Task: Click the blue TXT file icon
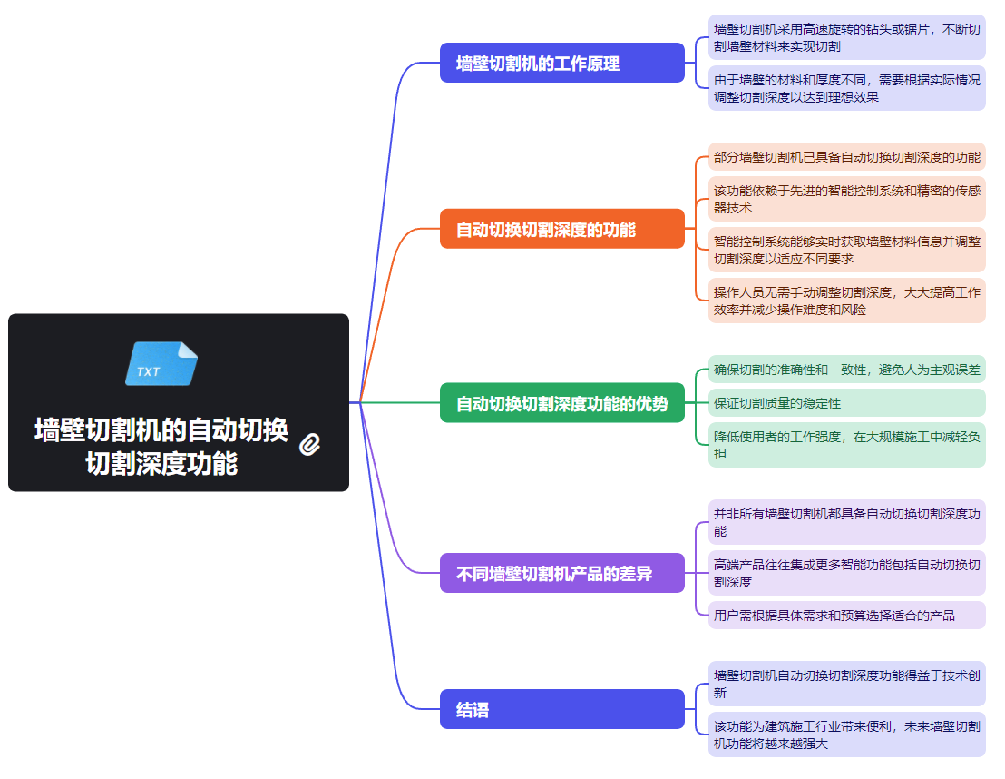[161, 364]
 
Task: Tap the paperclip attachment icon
[310, 444]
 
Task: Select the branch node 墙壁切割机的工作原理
[561, 64]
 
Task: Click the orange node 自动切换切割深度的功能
[561, 229]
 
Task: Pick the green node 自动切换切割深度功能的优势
[561, 403]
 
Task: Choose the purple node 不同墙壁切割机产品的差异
[561, 573]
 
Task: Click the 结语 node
[561, 709]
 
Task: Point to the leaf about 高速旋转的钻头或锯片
[846, 37]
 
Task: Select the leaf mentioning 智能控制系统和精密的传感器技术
[846, 199]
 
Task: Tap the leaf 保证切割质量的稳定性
[846, 403]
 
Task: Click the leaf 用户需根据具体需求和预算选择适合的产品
[846, 616]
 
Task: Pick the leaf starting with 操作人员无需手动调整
[846, 301]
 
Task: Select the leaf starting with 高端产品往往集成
[846, 573]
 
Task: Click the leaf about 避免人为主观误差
[846, 369]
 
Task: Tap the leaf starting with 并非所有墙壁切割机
[846, 522]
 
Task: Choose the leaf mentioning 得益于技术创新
[846, 684]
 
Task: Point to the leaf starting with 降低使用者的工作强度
[846, 445]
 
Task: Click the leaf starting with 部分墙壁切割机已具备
[846, 157]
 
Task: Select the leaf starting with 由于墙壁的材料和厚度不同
[846, 88]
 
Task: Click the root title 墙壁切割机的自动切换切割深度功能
[161, 446]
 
